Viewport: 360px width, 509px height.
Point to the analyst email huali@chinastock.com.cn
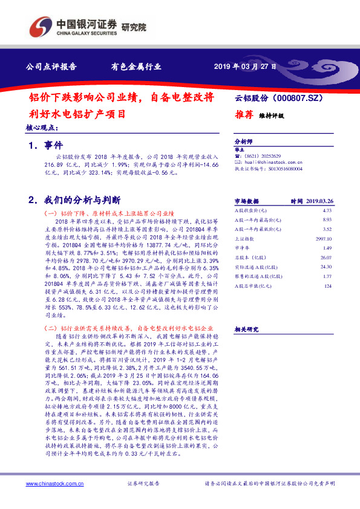[266, 162]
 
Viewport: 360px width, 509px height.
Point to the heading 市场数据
[246, 200]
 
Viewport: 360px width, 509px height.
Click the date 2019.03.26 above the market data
[321, 200]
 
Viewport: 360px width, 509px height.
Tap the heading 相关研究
[246, 329]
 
